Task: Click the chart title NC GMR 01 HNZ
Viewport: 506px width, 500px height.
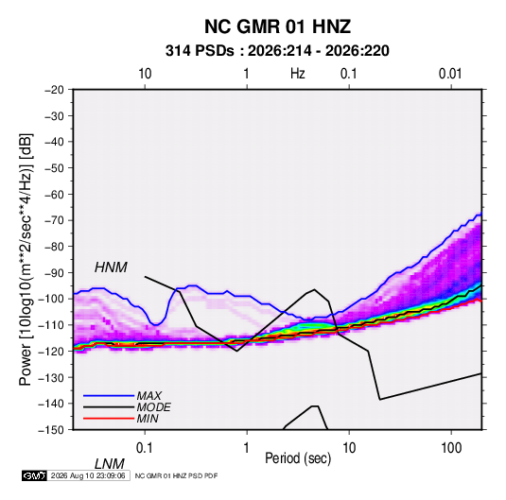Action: click(277, 26)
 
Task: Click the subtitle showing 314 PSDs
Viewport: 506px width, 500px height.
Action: click(277, 51)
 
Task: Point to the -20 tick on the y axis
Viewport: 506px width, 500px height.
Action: click(54, 90)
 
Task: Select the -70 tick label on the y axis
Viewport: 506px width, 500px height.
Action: click(54, 220)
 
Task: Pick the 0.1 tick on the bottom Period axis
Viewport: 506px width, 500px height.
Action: click(145, 448)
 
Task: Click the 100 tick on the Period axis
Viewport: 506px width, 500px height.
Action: click(451, 448)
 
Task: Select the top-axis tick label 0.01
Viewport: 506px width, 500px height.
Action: click(450, 74)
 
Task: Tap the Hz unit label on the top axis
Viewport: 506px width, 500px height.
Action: click(298, 74)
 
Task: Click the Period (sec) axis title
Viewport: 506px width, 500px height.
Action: click(298, 458)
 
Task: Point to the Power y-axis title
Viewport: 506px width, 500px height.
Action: click(26, 259)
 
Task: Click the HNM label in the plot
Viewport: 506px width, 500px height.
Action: click(111, 267)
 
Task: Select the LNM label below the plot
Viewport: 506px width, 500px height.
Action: click(109, 464)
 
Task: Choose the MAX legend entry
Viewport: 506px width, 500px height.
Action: click(148, 395)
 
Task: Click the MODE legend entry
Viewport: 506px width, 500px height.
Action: click(153, 407)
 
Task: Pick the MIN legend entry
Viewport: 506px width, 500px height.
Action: click(148, 419)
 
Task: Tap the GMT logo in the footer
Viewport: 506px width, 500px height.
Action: click(35, 475)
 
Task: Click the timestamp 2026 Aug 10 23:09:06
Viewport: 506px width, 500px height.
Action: click(88, 475)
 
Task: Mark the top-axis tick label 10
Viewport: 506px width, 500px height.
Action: click(145, 74)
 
